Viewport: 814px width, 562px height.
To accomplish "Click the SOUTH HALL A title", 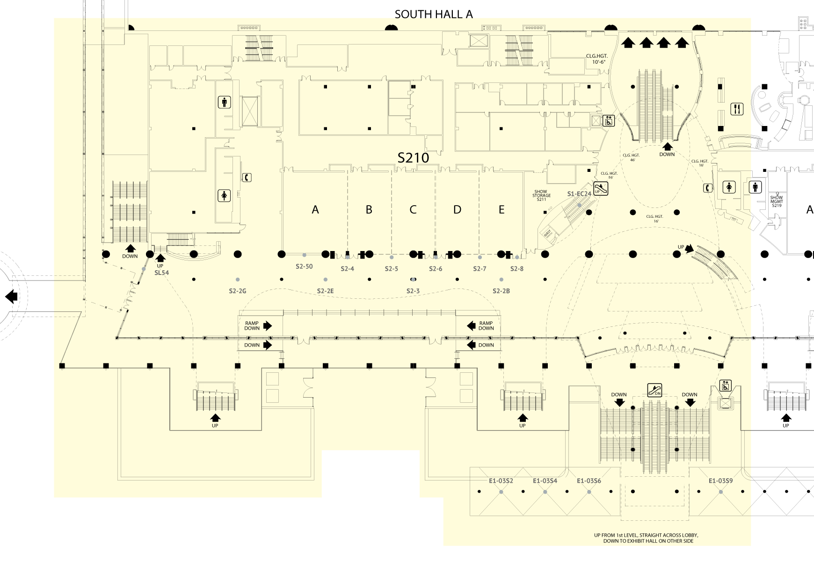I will (434, 15).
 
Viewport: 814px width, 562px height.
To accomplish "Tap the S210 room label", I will (413, 158).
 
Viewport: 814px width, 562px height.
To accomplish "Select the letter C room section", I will (413, 209).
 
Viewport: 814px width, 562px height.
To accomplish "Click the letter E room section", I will (501, 209).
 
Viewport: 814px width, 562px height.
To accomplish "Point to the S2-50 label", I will (304, 266).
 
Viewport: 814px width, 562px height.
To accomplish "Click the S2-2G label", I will (238, 291).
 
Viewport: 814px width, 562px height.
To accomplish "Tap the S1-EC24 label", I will (579, 194).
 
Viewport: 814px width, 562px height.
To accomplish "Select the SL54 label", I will (161, 273).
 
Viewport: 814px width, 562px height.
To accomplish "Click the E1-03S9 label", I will (720, 481).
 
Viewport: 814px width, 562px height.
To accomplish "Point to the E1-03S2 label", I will (501, 481).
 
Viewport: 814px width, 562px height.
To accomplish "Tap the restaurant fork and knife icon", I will (737, 109).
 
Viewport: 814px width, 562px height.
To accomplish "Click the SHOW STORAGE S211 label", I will (541, 196).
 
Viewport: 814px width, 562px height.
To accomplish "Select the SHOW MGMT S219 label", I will (777, 201).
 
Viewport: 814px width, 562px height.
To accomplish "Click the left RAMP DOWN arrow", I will (268, 325).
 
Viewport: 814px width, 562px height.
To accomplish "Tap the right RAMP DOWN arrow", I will (471, 325).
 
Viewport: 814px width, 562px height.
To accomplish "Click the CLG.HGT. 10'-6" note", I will (596, 59).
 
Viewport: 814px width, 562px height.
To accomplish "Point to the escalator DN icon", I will (655, 390).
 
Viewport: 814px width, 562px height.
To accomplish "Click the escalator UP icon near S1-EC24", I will (601, 189).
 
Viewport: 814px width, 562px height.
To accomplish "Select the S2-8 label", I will (517, 269).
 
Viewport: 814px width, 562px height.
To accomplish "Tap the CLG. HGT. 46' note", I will (631, 157).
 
